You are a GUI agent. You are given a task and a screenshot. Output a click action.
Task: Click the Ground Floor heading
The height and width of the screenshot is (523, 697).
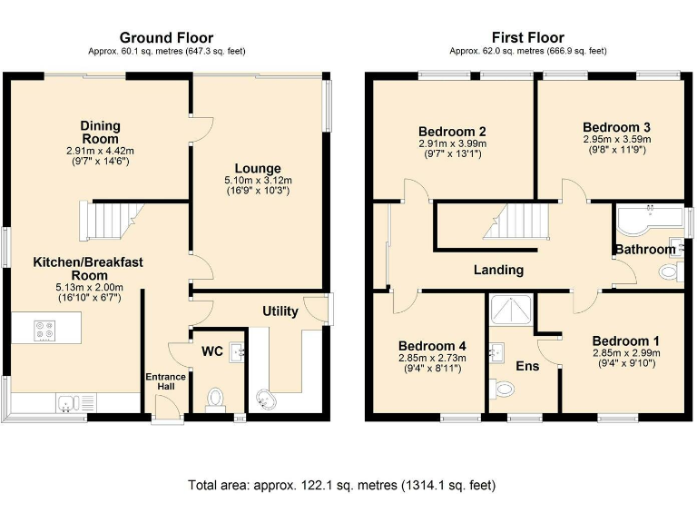click(166, 38)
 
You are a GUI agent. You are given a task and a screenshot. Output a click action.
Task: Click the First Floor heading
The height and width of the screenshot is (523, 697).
click(527, 38)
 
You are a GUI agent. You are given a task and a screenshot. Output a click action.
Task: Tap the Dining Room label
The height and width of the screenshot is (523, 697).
click(100, 133)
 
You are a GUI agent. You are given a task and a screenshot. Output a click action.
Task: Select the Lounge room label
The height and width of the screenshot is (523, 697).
click(258, 168)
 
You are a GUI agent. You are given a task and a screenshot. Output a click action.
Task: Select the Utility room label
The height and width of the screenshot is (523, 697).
click(280, 311)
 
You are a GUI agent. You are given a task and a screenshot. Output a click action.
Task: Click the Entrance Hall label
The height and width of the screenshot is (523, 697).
click(166, 382)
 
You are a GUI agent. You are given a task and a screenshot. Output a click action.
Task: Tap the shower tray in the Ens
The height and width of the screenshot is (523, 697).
click(511, 311)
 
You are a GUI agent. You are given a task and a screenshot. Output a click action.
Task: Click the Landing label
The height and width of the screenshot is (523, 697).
click(498, 270)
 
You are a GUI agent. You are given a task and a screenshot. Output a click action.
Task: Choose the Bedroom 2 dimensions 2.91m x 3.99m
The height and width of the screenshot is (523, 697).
click(452, 143)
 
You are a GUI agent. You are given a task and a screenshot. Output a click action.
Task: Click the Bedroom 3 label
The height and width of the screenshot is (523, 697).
click(616, 127)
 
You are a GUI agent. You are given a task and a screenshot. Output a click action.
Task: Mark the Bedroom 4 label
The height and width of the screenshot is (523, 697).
click(432, 345)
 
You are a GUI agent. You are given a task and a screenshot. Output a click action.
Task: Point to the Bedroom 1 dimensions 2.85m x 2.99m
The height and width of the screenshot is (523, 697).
click(625, 353)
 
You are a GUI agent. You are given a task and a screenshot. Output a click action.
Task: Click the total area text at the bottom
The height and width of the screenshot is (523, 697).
click(341, 485)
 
